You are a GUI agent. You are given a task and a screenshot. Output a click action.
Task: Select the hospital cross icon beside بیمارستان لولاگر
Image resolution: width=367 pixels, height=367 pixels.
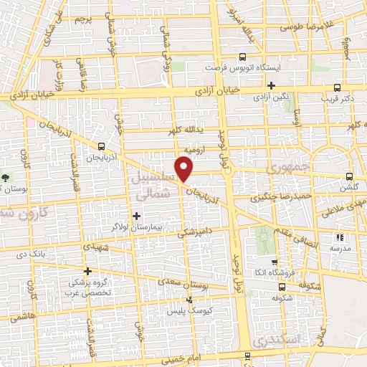click(137, 215)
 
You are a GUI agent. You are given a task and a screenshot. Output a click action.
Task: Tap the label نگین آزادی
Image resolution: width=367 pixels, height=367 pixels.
click(272, 96)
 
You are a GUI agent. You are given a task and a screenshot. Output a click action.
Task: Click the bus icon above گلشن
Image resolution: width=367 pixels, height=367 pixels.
click(349, 176)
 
